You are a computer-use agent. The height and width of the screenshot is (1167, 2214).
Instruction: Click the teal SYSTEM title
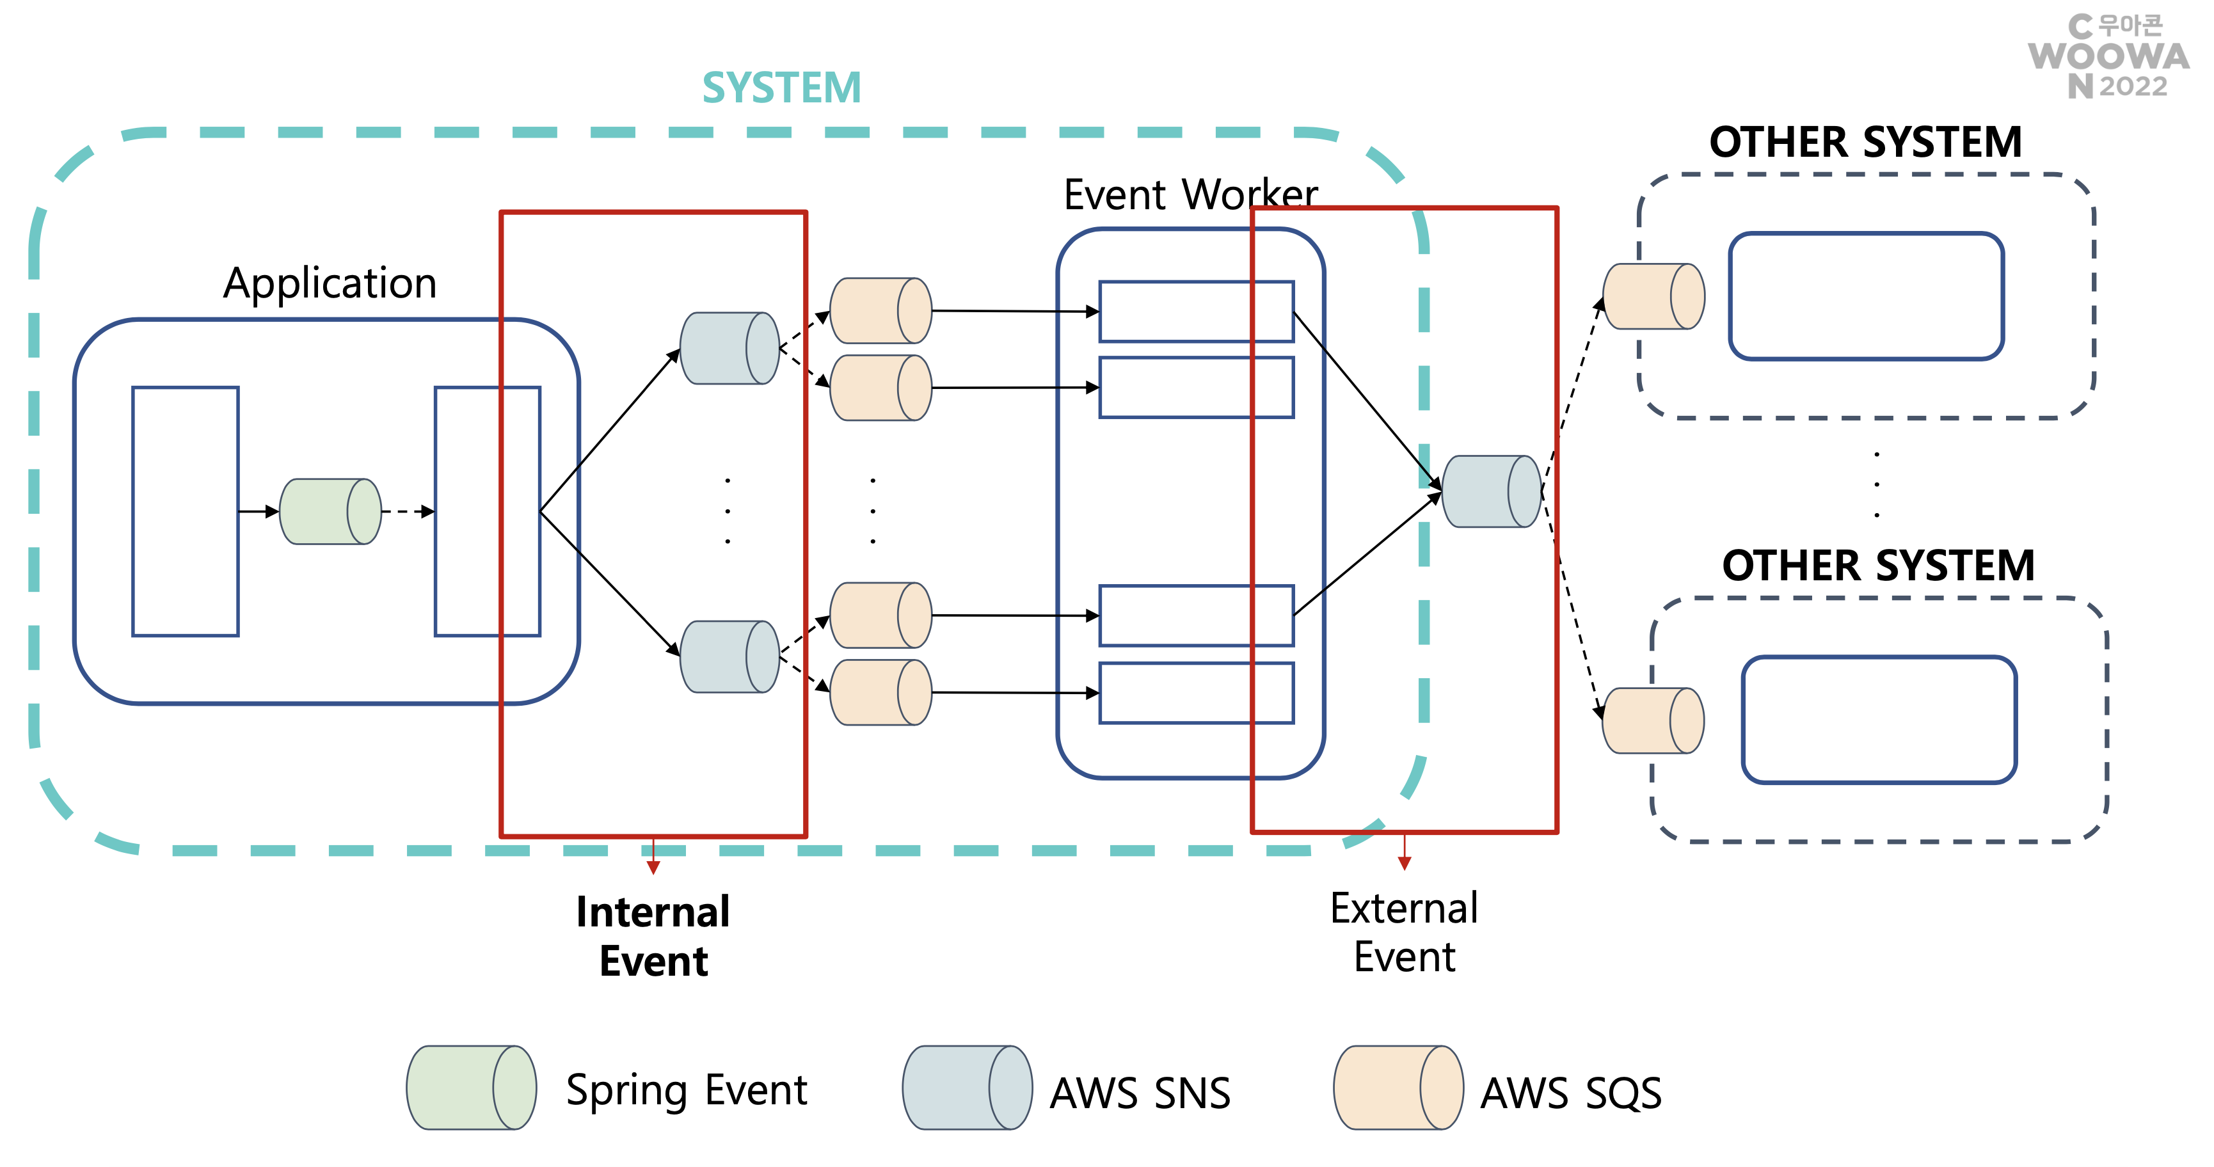point(781,88)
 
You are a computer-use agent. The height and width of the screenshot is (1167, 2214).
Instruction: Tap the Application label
point(330,283)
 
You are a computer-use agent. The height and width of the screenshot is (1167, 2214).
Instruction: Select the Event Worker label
point(1190,194)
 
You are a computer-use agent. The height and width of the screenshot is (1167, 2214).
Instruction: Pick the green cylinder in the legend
point(471,1087)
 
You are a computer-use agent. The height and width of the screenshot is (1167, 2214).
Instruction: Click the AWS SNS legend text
point(1140,1093)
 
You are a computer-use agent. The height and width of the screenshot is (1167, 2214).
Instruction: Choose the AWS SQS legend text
point(1570,1093)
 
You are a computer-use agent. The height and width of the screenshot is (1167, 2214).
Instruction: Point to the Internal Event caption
point(653,936)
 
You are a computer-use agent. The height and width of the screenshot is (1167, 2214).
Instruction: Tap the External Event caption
point(1405,932)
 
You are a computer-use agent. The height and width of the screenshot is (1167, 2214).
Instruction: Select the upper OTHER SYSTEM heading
point(1865,142)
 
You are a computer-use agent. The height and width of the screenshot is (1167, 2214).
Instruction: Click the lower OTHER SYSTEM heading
point(1878,566)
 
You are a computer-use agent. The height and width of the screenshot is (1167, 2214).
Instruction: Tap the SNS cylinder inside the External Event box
point(1491,491)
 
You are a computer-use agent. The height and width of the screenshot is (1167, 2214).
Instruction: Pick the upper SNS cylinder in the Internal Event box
point(729,348)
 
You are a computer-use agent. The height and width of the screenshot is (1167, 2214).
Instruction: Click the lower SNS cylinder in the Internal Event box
point(729,656)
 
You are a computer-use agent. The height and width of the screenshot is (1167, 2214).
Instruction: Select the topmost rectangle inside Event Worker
point(1197,311)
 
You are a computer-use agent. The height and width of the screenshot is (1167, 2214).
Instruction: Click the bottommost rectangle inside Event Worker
point(1197,693)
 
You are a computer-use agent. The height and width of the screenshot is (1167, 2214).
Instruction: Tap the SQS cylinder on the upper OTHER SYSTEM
point(1653,296)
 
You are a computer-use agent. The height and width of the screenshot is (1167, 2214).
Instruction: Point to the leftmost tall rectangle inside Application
point(186,511)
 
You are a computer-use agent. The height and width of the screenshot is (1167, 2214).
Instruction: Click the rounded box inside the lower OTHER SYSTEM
point(1879,720)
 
